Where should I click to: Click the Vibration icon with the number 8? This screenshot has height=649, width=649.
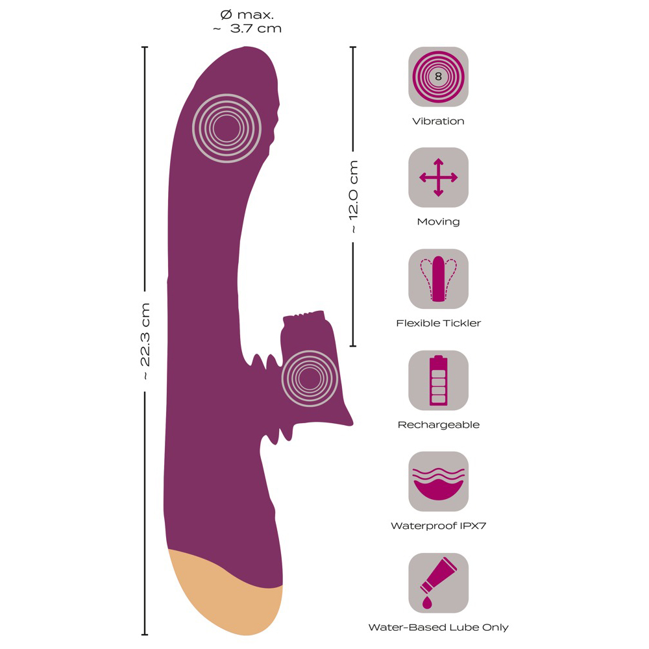tap(438, 77)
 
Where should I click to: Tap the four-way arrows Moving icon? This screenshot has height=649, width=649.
tap(438, 177)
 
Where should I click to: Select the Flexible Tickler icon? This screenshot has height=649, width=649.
tap(438, 278)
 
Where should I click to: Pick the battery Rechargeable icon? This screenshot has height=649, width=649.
tap(438, 380)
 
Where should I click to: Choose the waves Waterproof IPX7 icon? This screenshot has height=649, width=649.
tap(438, 482)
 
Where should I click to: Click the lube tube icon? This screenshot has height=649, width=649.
tap(438, 583)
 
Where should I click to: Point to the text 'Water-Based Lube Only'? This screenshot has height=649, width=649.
tap(438, 628)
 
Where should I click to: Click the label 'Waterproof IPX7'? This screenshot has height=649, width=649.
tap(438, 526)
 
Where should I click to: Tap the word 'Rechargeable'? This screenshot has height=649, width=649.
tap(438, 425)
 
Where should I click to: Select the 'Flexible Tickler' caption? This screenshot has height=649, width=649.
tap(438, 323)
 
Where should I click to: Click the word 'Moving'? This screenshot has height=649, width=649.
tap(438, 222)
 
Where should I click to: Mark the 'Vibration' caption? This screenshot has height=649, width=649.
tap(438, 121)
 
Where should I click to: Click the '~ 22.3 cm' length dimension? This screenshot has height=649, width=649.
tap(145, 341)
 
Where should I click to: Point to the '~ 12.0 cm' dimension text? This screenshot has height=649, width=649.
tap(354, 197)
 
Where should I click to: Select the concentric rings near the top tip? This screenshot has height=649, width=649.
tap(227, 129)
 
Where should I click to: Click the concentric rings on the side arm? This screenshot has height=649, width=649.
tap(310, 378)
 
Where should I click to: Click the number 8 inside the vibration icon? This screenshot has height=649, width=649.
tap(438, 77)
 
